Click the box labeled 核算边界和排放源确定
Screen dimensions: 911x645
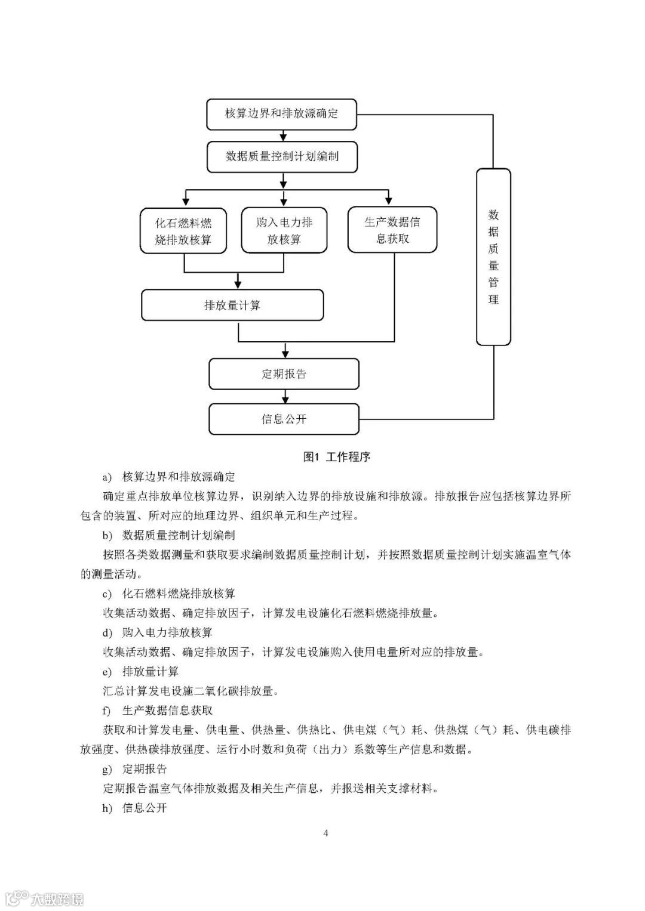(x=281, y=114)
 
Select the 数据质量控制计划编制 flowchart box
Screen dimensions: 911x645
(x=281, y=157)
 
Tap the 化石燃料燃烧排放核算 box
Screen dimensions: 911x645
(x=183, y=231)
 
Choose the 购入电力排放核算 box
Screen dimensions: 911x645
(x=284, y=231)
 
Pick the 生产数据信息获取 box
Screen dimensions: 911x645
(x=392, y=230)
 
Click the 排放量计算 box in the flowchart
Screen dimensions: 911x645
(x=232, y=305)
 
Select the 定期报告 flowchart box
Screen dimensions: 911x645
(x=284, y=374)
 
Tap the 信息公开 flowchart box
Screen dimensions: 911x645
(x=284, y=419)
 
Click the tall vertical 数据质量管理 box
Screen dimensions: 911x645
(x=493, y=257)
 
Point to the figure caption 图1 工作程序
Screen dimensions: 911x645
(x=337, y=457)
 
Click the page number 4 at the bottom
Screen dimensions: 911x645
(x=325, y=833)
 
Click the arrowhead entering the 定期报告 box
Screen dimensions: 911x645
(x=285, y=354)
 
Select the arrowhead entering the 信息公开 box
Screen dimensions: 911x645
(x=285, y=399)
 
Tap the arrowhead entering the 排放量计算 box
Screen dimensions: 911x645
(x=238, y=285)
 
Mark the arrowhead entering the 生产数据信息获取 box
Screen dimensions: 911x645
(x=389, y=201)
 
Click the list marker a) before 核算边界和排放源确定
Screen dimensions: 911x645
(x=107, y=477)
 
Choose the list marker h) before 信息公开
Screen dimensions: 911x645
(x=107, y=808)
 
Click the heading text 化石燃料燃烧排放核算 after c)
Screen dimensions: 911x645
(x=179, y=594)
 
